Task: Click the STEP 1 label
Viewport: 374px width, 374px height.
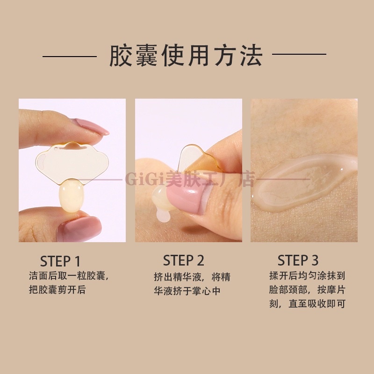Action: (60, 261)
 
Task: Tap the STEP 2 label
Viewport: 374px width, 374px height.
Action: (183, 260)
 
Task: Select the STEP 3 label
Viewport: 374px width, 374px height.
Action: (298, 260)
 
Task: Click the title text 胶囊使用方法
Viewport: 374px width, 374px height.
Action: (186, 55)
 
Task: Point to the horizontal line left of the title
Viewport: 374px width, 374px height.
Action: (70, 57)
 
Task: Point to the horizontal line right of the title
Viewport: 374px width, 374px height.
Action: (299, 54)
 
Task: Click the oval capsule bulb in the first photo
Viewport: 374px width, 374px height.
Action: (72, 197)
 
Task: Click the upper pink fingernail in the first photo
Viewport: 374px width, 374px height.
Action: (91, 126)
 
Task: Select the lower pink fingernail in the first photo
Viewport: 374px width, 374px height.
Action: (79, 229)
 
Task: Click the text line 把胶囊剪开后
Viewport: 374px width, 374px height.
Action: (57, 289)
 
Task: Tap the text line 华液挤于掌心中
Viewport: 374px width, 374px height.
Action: (187, 291)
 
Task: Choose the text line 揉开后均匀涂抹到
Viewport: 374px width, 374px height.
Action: (307, 276)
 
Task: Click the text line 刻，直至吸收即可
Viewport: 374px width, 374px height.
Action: (307, 303)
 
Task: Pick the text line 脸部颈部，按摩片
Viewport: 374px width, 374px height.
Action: (307, 289)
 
